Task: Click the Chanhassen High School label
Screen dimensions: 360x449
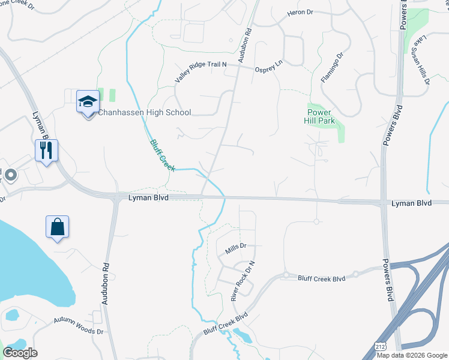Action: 144,112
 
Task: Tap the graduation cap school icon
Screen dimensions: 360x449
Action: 88,101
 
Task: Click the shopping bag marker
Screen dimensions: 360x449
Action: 57,227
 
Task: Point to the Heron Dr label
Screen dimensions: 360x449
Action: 301,12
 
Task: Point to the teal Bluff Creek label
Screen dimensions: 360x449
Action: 161,154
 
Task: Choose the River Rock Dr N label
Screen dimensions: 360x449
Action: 243,280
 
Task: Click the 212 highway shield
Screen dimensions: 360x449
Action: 379,347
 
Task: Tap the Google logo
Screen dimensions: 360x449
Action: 20,352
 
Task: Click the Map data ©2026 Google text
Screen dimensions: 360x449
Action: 412,355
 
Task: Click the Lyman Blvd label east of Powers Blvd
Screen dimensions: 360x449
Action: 411,203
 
